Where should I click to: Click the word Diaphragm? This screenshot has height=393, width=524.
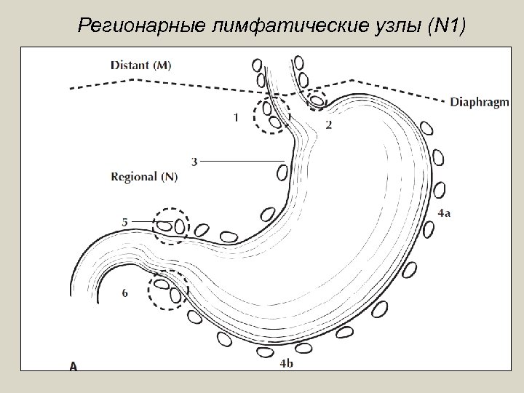point(479,102)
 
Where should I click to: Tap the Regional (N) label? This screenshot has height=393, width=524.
point(144,176)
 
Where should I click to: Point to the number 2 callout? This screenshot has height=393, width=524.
point(329,124)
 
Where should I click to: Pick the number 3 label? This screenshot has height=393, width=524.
point(194,160)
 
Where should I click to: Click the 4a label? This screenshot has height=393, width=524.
point(445,213)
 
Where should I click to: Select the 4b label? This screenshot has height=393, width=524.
point(286,363)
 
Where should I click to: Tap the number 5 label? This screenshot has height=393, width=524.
point(125,221)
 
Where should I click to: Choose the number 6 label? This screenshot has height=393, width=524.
point(125,293)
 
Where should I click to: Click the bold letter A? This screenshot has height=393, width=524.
point(74,367)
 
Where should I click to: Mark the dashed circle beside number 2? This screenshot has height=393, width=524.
point(316,98)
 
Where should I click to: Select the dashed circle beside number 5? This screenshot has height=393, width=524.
point(172,225)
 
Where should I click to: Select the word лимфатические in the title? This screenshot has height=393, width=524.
point(275,28)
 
